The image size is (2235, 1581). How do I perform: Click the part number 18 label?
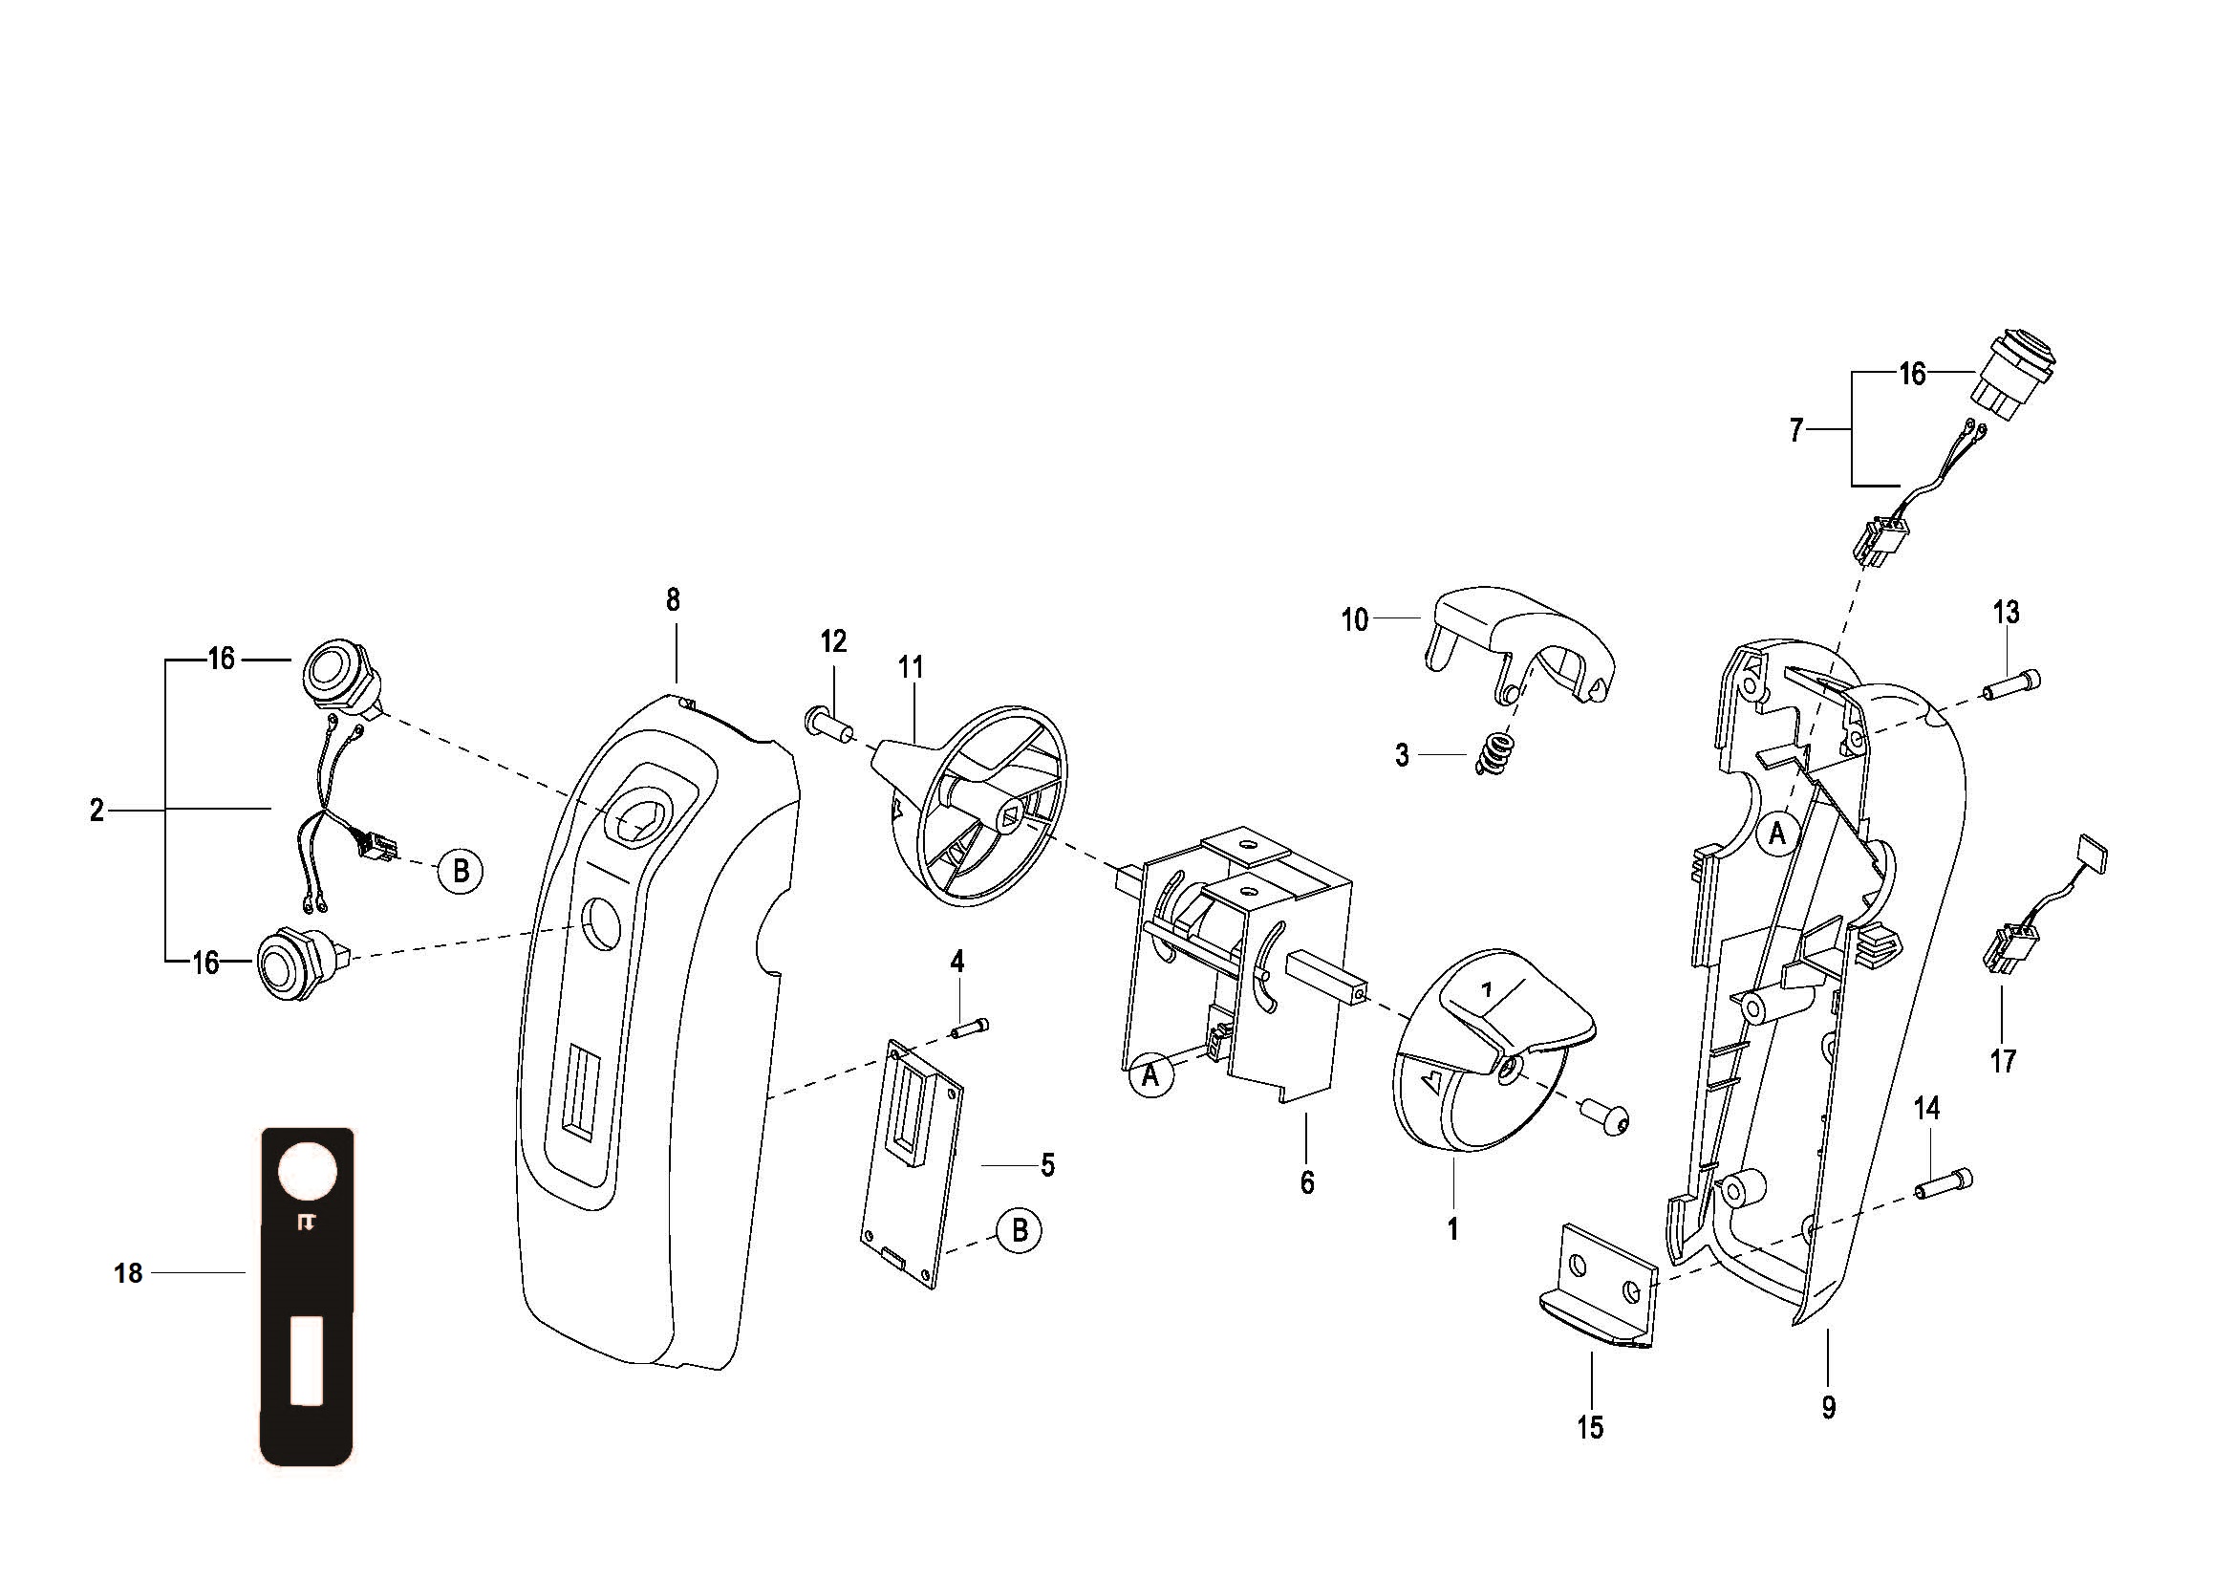[127, 1273]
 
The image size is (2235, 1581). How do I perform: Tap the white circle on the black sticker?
[308, 1172]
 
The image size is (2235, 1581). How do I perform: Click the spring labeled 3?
[1494, 754]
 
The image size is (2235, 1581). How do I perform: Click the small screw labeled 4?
[973, 1026]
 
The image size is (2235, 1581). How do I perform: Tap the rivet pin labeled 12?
[829, 724]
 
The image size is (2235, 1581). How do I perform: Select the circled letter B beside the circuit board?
[1020, 1230]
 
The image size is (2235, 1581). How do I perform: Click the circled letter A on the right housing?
[1777, 834]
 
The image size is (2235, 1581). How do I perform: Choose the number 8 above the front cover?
[674, 599]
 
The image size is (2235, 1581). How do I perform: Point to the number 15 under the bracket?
[1590, 1427]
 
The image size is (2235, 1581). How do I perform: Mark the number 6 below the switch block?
[1306, 1181]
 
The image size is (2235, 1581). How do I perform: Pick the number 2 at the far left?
[97, 809]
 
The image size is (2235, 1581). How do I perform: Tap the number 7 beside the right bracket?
[1796, 429]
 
